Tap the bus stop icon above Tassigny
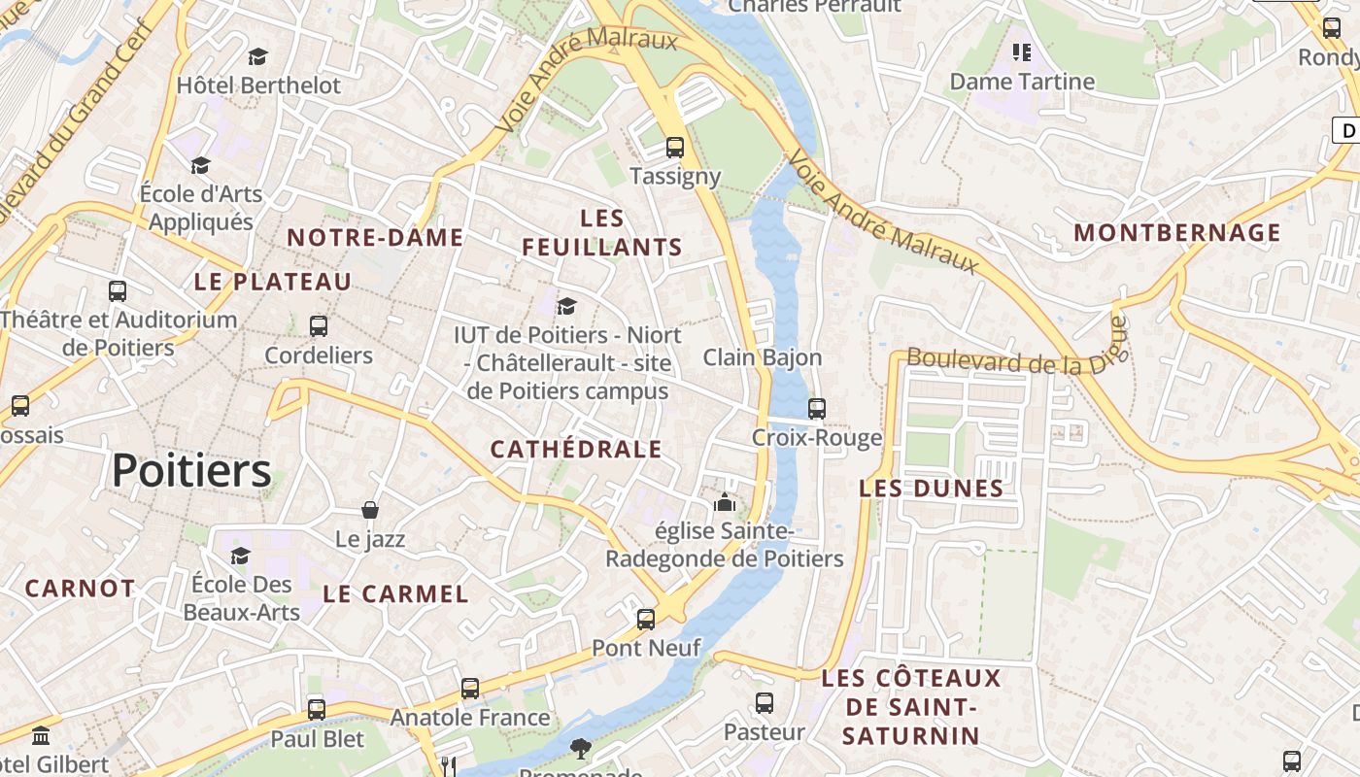tap(674, 148)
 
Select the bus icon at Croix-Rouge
tap(817, 408)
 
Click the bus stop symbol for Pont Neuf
tap(646, 619)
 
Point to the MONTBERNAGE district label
tap(1177, 233)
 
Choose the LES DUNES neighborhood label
tap(931, 489)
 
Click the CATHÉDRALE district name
tap(575, 449)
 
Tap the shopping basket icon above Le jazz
tap(370, 510)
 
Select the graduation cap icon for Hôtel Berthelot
tap(257, 56)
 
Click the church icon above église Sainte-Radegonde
tap(725, 502)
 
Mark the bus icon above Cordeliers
tap(319, 326)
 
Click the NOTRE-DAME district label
tap(375, 238)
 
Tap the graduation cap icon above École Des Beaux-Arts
tap(240, 556)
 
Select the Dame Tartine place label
tap(1022, 82)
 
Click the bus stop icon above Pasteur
tap(765, 702)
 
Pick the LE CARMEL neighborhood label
tap(395, 594)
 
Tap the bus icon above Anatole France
tap(470, 689)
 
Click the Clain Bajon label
tap(763, 357)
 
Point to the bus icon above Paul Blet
tap(317, 709)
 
